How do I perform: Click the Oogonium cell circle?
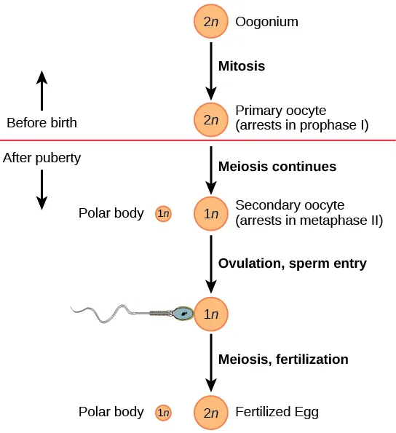[211, 22]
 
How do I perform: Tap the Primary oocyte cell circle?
[211, 119]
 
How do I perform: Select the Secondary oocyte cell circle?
[211, 214]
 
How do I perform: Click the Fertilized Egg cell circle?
[211, 413]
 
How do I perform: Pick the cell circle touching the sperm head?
[211, 314]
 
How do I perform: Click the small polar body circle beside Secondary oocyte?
[164, 214]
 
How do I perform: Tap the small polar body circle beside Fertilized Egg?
[164, 413]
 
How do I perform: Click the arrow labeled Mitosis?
[211, 70]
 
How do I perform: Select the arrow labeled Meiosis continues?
[211, 168]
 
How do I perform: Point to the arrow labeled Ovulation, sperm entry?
[211, 264]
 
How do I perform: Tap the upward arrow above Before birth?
[42, 90]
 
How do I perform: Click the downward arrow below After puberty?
[42, 189]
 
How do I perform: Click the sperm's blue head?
[183, 314]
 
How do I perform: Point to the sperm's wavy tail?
[102, 314]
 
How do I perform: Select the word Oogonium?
[267, 22]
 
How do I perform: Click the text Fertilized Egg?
[277, 413]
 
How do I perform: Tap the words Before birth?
[41, 122]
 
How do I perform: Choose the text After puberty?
[42, 157]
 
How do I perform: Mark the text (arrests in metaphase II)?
[309, 221]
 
